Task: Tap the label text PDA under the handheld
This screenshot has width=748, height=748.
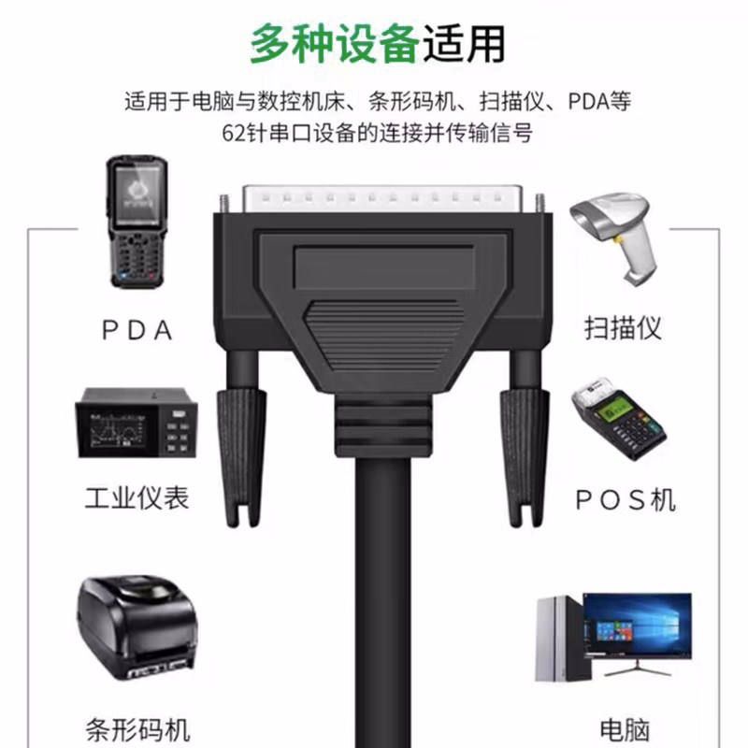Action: (138, 330)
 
